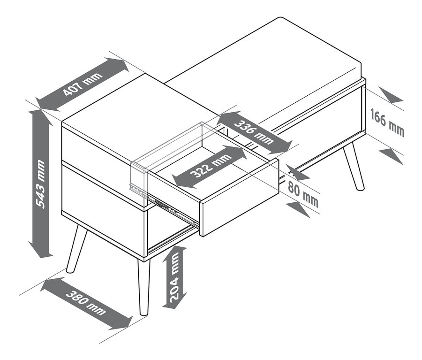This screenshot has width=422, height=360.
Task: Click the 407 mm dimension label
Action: click(x=83, y=84)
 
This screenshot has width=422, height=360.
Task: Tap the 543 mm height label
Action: click(x=40, y=184)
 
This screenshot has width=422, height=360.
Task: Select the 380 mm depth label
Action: click(x=86, y=303)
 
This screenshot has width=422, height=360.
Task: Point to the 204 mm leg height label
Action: click(x=175, y=278)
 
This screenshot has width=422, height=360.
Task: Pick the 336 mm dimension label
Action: click(x=254, y=132)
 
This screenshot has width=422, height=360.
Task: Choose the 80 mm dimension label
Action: click(x=303, y=194)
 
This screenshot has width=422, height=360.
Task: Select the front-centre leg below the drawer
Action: click(x=143, y=287)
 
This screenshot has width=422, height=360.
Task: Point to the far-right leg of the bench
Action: click(x=354, y=167)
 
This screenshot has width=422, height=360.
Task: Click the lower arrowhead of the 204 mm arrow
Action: click(x=174, y=303)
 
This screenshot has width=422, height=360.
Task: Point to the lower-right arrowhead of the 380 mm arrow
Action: click(x=122, y=322)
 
